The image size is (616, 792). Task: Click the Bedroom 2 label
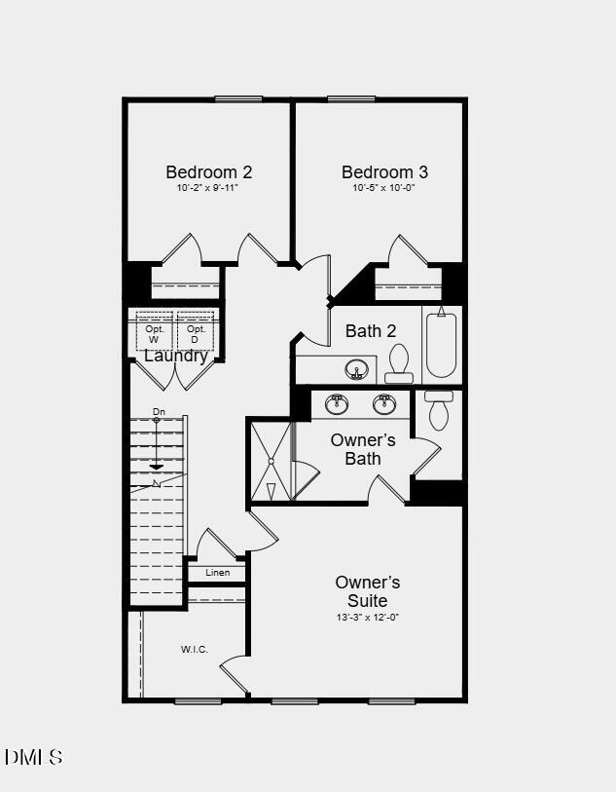pyautogui.click(x=208, y=172)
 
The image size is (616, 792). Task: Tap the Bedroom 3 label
pyautogui.click(x=384, y=172)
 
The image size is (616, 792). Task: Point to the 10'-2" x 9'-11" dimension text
pyautogui.click(x=207, y=188)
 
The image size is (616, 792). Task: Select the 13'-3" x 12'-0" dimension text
pyautogui.click(x=367, y=618)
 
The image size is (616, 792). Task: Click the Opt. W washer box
pyautogui.click(x=154, y=331)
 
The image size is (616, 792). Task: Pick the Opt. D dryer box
pyautogui.click(x=196, y=331)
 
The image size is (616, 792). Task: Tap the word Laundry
pyautogui.click(x=176, y=356)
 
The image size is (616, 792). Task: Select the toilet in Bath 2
pyautogui.click(x=399, y=363)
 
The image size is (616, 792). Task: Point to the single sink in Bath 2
pyautogui.click(x=357, y=370)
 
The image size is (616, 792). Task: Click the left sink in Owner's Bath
pyautogui.click(x=337, y=403)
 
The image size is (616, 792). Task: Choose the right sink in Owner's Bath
pyautogui.click(x=384, y=403)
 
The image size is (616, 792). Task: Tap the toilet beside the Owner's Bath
pyautogui.click(x=439, y=411)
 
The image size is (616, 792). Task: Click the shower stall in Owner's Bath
pyautogui.click(x=271, y=461)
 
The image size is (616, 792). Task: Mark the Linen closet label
pyautogui.click(x=218, y=573)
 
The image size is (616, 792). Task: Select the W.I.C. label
pyautogui.click(x=194, y=649)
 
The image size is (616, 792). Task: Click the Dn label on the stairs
pyautogui.click(x=159, y=412)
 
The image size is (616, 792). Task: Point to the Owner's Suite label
pyautogui.click(x=367, y=591)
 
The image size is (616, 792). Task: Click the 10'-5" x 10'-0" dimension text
pyautogui.click(x=383, y=188)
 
